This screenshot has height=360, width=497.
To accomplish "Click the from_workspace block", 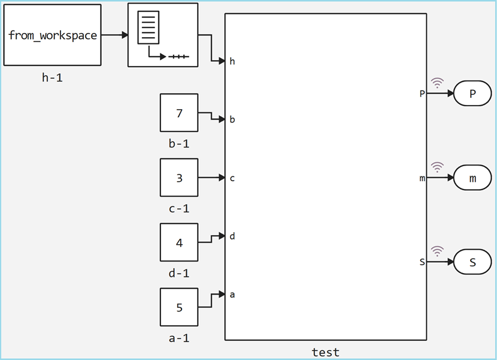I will pos(52,35).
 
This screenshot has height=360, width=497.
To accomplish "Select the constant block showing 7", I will pos(179,113).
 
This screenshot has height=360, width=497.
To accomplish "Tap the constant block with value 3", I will pos(179,178).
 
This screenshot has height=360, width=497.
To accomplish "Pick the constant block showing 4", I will pos(179,242).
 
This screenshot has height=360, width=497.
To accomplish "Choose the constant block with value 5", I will pos(179,307).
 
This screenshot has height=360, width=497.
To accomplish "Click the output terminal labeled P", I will pos(472,94).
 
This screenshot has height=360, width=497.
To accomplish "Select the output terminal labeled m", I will pos(472,178).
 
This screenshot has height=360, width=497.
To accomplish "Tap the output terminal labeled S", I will pos(472,262).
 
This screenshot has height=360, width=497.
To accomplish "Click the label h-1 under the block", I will pos(52,77).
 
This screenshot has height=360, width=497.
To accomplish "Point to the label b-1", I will pos(179,143).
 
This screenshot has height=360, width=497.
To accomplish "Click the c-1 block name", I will pos(179,208).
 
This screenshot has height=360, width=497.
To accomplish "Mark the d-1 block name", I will pos(179,273).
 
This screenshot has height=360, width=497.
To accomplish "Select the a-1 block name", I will pos(179,338).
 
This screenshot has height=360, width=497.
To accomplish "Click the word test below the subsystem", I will pos(326,352).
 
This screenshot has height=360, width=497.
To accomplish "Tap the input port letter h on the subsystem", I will pos(232,61).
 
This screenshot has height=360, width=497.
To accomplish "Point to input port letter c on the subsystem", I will pos(232,178).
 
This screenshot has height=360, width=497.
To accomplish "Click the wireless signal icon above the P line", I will pos(438,83).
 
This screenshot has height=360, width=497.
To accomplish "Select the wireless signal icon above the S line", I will pos(438,251).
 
